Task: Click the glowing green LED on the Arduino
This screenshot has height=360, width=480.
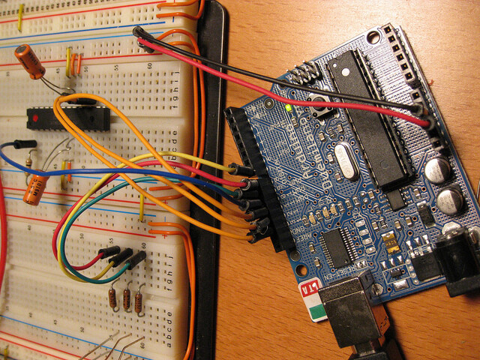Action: (289, 108)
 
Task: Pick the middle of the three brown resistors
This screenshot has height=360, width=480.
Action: (127, 299)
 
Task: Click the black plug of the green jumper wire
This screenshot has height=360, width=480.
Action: (136, 261)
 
